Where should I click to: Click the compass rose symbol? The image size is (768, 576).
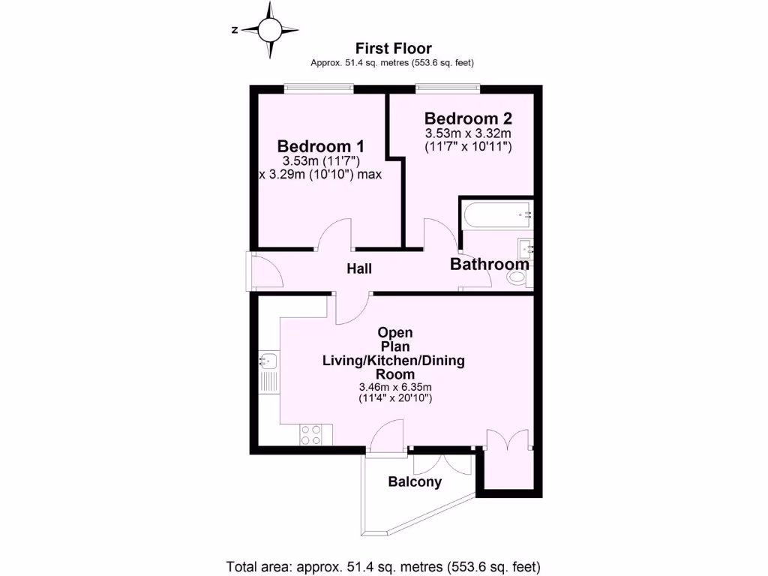coord(269,30)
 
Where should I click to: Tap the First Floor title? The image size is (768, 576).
coord(393,49)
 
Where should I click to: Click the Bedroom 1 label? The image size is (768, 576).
coord(321,145)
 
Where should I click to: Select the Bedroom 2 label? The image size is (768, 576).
coord(468,118)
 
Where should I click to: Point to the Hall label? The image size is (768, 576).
coord(359,268)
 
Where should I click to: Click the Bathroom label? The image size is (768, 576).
coord(489,264)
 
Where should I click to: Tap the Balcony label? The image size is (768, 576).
coord(414,482)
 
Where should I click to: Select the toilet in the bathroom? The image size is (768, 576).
coord(517,279)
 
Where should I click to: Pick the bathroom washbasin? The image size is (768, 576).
coord(525,247)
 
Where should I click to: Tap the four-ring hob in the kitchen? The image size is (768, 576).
coord(311,434)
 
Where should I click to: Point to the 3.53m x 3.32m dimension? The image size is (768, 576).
coord(468,133)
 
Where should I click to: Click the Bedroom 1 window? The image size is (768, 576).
coord(318,88)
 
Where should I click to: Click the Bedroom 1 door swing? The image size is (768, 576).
coord(335,235)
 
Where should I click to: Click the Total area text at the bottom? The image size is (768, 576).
coord(383,565)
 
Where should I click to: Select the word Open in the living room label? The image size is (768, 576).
coord(395,331)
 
